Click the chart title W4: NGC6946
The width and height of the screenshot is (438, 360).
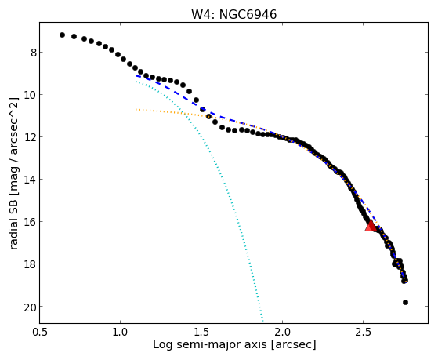coord(233,14)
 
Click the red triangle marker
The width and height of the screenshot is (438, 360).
coord(371,225)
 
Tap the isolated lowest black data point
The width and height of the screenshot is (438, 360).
coord(405,302)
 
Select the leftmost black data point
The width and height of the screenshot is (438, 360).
coord(63,35)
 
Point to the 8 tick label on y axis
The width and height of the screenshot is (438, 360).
coord(34,53)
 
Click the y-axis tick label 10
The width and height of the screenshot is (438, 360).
coord(31,95)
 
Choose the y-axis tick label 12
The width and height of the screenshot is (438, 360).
coord(31,137)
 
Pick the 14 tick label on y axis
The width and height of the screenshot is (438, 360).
coord(31,180)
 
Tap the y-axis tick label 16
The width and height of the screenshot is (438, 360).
coord(31,222)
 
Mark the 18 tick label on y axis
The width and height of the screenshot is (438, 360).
coord(31,264)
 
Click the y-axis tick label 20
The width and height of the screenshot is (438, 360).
coord(31,307)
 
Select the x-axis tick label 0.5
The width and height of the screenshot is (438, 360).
coord(40,332)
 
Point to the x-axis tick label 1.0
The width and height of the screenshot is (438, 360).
coord(121,332)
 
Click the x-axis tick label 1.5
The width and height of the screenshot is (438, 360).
coord(201,332)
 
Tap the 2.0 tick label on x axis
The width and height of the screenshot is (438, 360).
coord(282,332)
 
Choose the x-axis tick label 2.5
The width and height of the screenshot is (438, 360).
coord(363,332)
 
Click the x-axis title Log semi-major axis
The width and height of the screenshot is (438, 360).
coord(210,344)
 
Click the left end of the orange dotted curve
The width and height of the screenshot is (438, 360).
coord(136,109)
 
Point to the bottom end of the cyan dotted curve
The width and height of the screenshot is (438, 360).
coord(262,321)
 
